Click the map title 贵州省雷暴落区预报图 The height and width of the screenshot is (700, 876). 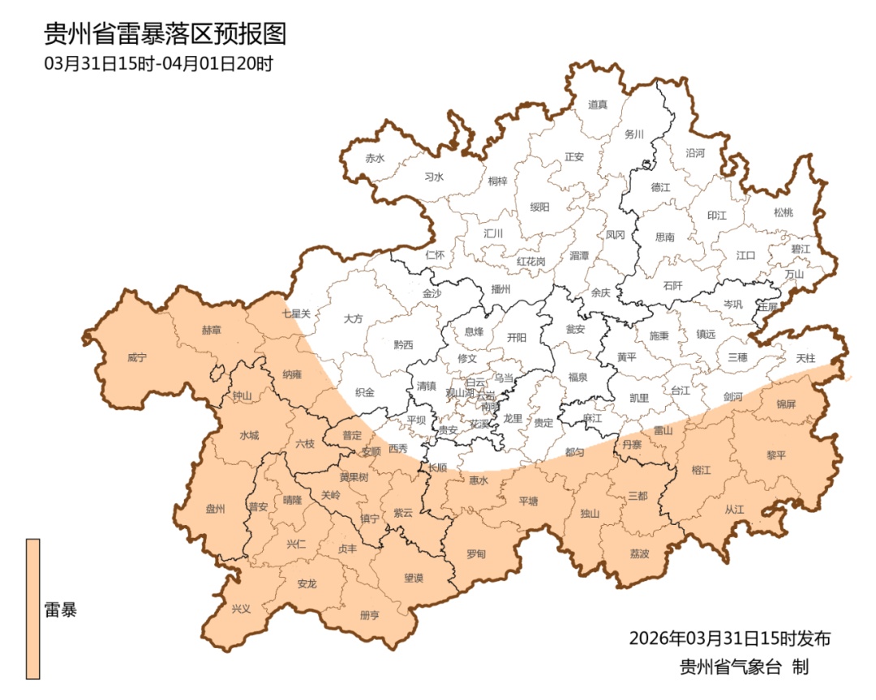point(165,34)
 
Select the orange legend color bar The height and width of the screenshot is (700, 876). point(32,608)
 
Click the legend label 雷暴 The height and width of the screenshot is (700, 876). point(61,610)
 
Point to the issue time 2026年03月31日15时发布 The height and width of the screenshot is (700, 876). point(730,638)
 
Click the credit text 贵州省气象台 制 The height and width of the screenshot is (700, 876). point(744,668)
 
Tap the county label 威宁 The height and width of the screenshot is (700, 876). point(138,356)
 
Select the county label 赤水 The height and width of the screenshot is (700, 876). point(374,158)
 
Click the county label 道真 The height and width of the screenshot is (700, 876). point(597,104)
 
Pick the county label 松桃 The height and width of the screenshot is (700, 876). point(783,212)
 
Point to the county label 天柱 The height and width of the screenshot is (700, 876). point(805,357)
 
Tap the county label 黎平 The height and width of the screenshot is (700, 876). point(776,455)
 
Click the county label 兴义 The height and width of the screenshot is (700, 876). point(241,608)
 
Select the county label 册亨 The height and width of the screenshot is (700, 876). point(369,615)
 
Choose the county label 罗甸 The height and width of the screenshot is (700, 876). point(476,554)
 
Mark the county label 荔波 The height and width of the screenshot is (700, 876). point(639,554)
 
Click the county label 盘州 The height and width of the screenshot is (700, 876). point(215,509)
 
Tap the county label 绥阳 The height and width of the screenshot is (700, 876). point(539,207)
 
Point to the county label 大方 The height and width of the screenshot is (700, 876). point(353,318)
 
